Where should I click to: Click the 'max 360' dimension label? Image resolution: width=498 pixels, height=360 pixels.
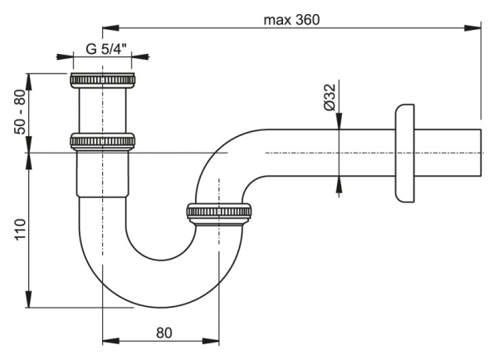pos(291,18)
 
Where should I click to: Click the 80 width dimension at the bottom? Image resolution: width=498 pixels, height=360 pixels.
pos(163,333)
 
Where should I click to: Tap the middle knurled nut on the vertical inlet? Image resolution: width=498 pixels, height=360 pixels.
pos(103,141)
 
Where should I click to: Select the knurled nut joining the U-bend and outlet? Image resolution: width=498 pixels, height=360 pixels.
pos(219,213)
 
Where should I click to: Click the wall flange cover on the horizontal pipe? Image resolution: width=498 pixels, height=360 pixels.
pos(404,153)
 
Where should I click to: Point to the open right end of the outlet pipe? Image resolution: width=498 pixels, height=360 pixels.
pos(481,153)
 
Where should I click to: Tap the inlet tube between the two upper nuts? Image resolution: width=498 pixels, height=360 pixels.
pos(103,111)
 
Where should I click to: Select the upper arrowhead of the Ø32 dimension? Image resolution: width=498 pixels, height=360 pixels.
pos(339,125)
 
